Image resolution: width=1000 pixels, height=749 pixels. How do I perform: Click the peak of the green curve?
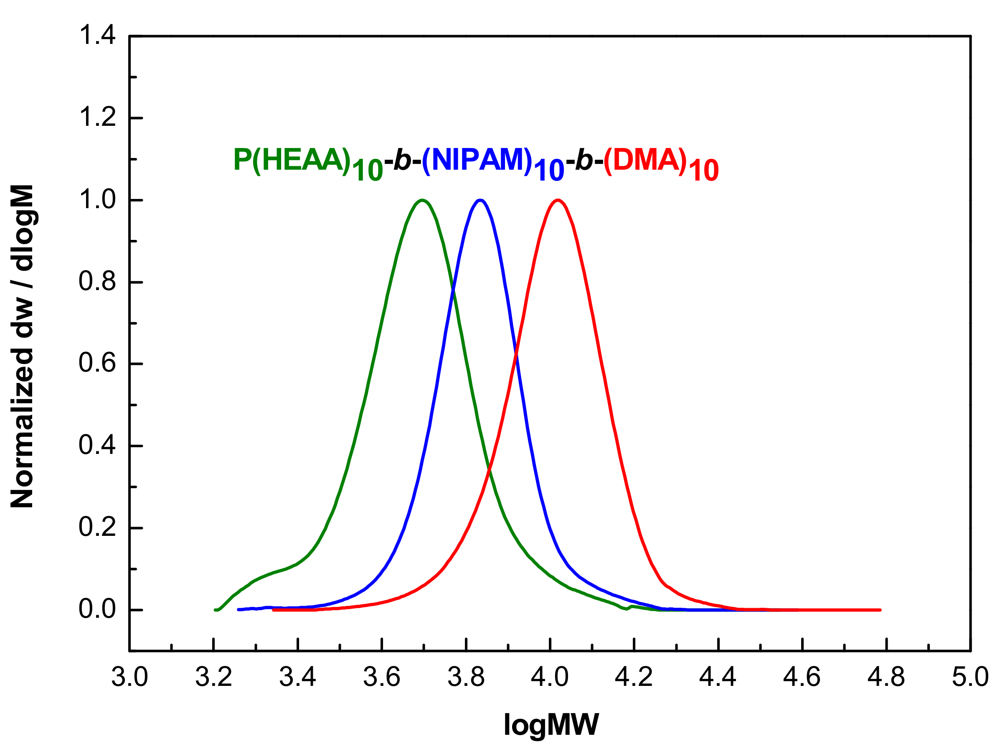point(422,200)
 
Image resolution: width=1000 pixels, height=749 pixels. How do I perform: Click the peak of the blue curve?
point(480,200)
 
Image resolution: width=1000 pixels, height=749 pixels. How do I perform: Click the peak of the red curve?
point(559,200)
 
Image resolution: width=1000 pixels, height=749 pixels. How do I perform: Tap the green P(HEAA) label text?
point(292,160)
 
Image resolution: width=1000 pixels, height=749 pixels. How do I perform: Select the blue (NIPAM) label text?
point(477,160)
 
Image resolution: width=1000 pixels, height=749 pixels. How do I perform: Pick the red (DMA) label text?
point(645,160)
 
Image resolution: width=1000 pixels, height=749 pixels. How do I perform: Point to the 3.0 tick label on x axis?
point(130,678)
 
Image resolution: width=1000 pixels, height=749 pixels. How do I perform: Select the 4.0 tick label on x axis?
point(550,678)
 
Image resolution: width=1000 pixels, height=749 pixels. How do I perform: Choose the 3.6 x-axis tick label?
point(382,678)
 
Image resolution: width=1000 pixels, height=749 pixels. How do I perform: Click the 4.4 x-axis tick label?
point(718,678)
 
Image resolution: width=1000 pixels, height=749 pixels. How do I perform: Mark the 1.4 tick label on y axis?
point(97,35)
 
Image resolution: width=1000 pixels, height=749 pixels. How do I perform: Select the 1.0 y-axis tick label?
point(97,199)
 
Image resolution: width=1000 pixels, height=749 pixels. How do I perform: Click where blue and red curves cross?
point(516,352)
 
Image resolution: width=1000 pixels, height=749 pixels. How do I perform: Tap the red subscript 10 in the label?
point(703,171)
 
